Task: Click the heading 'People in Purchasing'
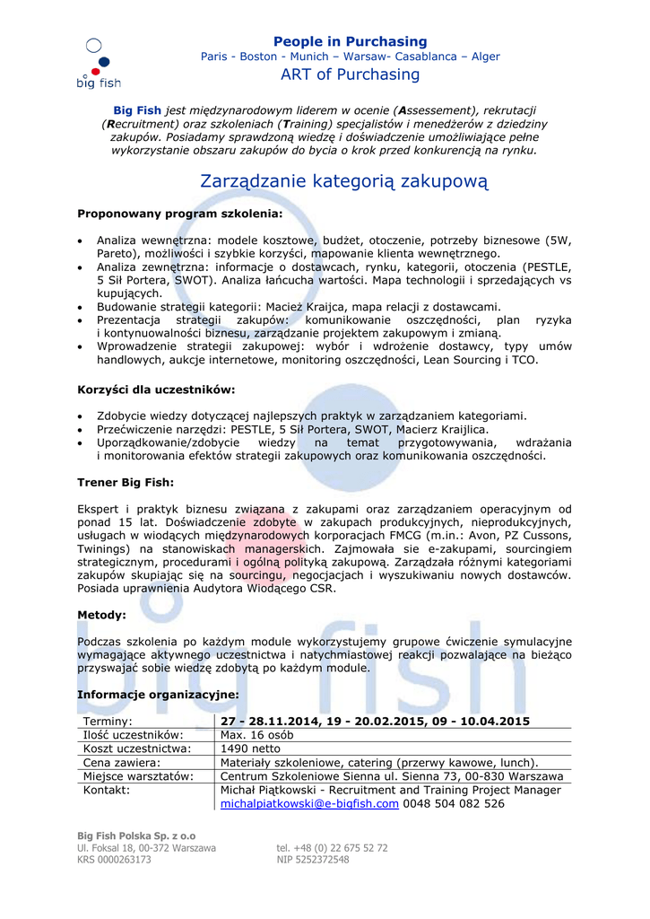point(350,41)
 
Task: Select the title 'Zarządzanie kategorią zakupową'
point(343,181)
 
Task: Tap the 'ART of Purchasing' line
point(350,74)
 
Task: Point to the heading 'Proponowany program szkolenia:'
point(179,214)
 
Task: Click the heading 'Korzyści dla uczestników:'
point(156,389)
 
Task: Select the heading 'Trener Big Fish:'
point(126,482)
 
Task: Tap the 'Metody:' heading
point(101,615)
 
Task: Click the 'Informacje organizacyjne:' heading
point(158,695)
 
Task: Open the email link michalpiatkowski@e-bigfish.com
point(309,804)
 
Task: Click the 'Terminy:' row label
point(108,722)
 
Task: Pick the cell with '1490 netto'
point(250,748)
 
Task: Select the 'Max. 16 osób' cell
point(256,735)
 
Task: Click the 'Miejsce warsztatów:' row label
point(138,776)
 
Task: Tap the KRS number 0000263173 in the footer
point(114,860)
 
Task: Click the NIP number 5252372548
point(313,860)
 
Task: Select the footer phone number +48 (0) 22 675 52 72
point(332,847)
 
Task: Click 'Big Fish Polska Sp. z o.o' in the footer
point(135,836)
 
